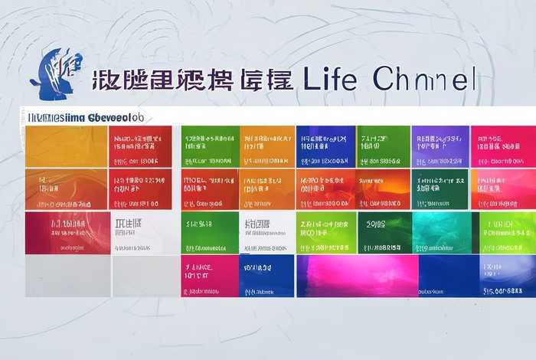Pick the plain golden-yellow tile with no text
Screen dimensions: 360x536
click(x=66, y=146)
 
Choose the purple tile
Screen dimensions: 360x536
click(x=440, y=146)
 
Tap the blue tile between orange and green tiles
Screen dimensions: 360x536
click(x=325, y=146)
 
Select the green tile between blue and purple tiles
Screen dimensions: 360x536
click(x=384, y=146)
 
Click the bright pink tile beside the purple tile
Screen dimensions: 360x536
click(x=502, y=146)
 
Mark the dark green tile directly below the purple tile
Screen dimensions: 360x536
click(x=440, y=189)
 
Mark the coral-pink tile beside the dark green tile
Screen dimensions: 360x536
click(x=502, y=189)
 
